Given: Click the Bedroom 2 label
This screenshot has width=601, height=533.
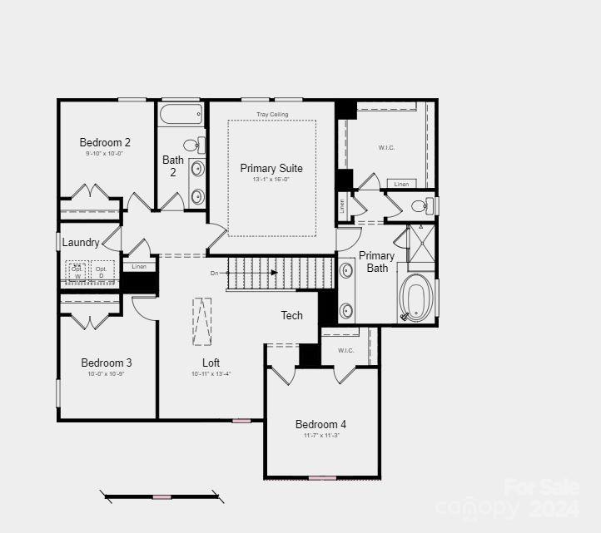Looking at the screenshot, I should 105,142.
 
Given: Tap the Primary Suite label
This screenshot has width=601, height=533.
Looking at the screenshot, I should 271,168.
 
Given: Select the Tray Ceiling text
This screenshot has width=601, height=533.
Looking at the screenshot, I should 271,114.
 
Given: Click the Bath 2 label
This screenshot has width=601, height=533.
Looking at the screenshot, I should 173,165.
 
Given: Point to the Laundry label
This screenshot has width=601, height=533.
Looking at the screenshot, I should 81,243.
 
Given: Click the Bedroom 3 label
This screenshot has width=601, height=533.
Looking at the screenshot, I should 106,363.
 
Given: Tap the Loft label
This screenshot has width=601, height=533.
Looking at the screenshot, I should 211,363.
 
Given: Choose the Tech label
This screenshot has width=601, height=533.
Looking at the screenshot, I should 292,315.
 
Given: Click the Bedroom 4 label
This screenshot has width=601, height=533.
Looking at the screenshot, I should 320,424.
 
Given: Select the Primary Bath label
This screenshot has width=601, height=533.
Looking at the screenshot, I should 377,261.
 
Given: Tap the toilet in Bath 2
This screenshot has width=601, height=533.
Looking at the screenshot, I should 193,144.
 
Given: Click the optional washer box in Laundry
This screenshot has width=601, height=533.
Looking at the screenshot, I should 77,272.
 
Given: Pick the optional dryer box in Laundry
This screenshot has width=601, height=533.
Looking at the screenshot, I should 102,272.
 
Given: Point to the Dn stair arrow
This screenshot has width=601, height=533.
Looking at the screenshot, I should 250,272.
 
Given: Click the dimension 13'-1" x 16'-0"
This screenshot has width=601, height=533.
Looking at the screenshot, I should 271,180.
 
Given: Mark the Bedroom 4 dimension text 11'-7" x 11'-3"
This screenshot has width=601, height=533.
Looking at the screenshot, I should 320,435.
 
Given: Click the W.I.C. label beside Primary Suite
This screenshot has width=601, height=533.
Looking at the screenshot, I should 386,147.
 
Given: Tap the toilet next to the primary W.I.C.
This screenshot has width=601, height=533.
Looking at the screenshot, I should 421,205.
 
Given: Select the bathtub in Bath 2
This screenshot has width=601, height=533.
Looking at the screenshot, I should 181,114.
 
